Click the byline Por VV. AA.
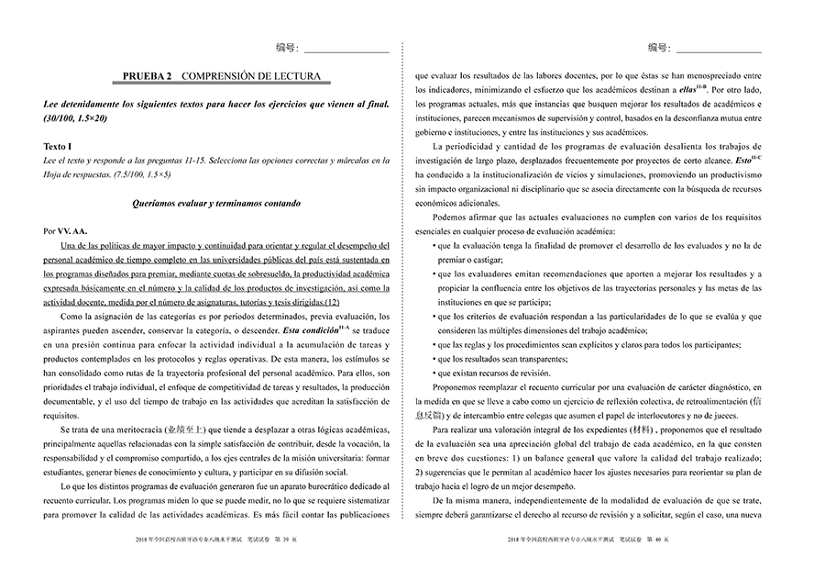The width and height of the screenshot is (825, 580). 65,230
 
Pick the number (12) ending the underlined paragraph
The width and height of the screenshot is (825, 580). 332,302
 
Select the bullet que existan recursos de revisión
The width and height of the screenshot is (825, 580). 495,374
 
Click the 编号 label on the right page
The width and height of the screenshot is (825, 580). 657,46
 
